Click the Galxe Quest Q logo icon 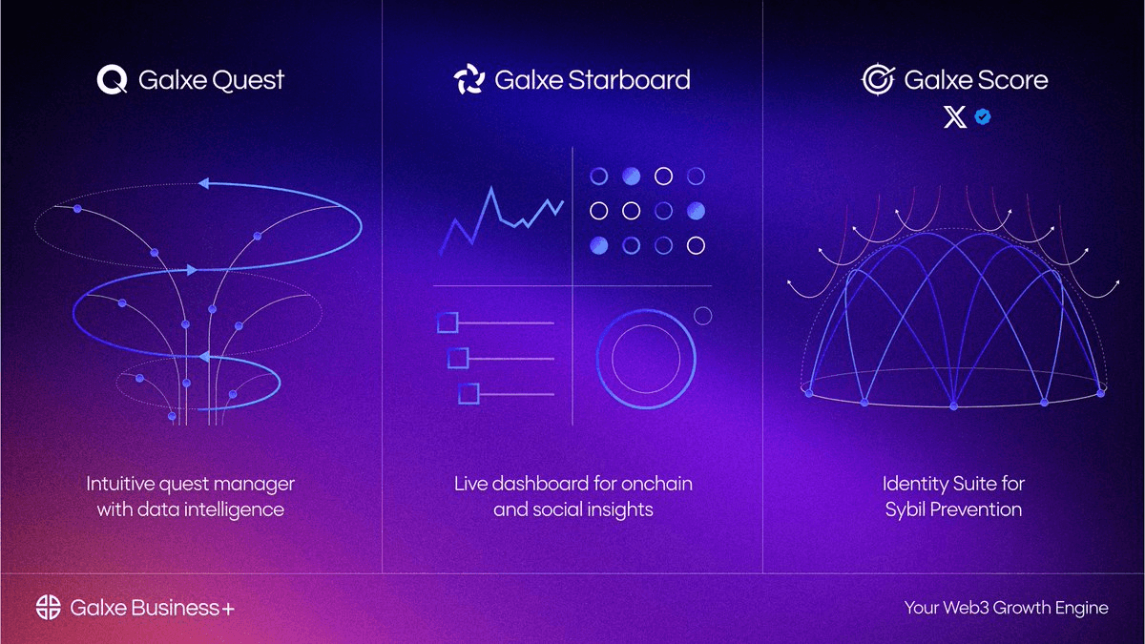112,79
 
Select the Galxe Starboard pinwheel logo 469,79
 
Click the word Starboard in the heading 628,79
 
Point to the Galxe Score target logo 877,79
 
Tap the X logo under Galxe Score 954,117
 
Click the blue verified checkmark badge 982,117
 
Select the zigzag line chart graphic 499,220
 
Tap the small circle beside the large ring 702,315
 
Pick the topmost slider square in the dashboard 448,322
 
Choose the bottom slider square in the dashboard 468,393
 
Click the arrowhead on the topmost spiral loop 204,185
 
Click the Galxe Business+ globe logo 49,607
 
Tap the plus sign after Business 227,608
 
